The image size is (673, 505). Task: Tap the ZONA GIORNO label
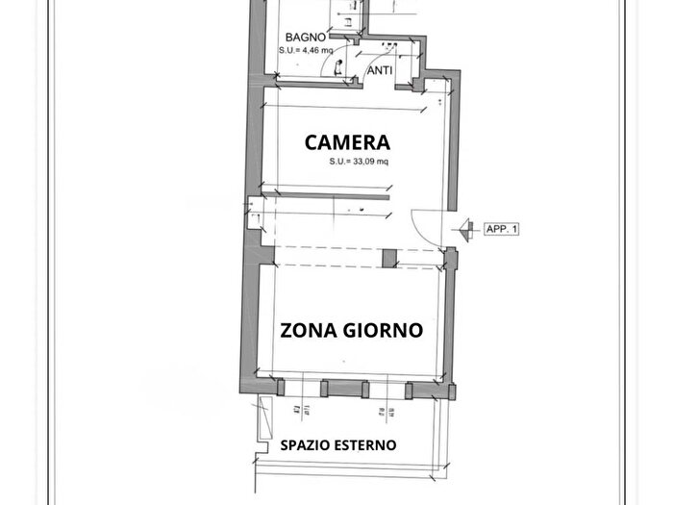coord(351,330)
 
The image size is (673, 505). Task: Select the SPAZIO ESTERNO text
coord(337,445)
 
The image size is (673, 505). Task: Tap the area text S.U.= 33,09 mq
coord(359,162)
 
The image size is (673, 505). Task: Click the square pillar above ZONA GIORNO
coord(388,258)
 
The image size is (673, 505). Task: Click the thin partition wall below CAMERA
coord(327,199)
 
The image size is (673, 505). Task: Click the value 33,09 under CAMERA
coord(362,162)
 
